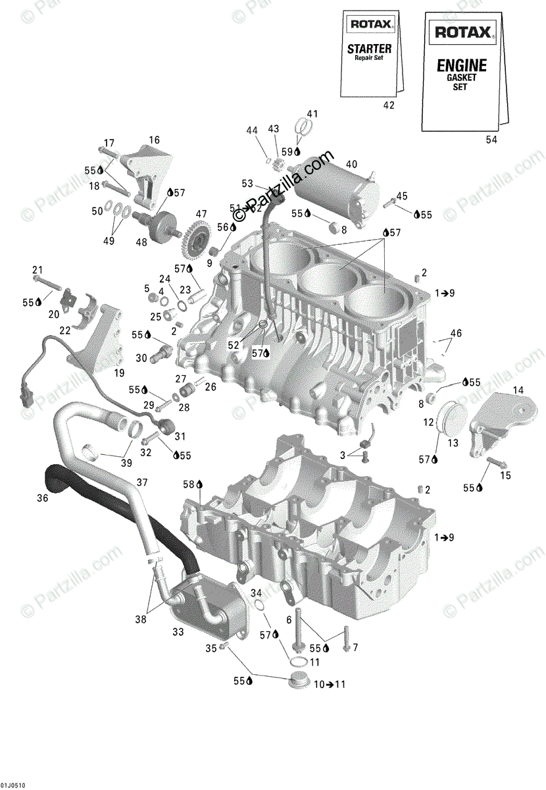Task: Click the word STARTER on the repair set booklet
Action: [x=369, y=49]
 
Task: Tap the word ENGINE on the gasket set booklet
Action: [x=462, y=65]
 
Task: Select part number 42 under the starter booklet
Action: [x=389, y=105]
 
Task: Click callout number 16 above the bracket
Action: [x=154, y=140]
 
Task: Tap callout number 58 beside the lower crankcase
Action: [x=187, y=484]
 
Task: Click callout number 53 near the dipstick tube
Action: [x=247, y=183]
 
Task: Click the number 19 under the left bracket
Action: [x=119, y=373]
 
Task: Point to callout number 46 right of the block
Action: [x=456, y=332]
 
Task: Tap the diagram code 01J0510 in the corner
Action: [x=13, y=783]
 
